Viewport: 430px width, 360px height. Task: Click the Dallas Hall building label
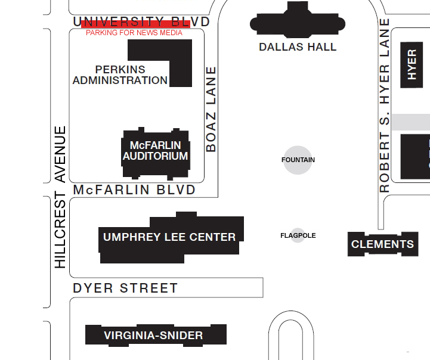click(x=298, y=47)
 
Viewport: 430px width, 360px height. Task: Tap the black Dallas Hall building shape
click(x=298, y=24)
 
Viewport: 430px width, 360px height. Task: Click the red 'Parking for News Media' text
click(x=134, y=33)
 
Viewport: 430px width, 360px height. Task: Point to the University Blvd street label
click(x=141, y=22)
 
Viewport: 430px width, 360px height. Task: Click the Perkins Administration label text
click(x=120, y=75)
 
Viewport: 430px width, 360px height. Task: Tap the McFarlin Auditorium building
click(x=156, y=153)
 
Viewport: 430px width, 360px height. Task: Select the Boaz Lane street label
click(x=211, y=109)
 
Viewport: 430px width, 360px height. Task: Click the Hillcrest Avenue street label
click(x=60, y=197)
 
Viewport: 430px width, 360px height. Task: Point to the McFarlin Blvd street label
click(x=134, y=190)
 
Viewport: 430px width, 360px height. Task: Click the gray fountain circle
click(x=298, y=160)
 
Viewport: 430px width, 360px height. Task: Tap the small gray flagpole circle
click(x=298, y=235)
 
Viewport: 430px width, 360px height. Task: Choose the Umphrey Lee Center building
click(x=170, y=237)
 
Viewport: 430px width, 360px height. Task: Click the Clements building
click(x=382, y=244)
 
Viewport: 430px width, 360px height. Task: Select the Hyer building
click(x=412, y=65)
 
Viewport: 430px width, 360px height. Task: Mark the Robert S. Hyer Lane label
click(x=385, y=105)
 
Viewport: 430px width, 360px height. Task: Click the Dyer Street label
click(x=125, y=288)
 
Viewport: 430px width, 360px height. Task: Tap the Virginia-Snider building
click(x=154, y=336)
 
